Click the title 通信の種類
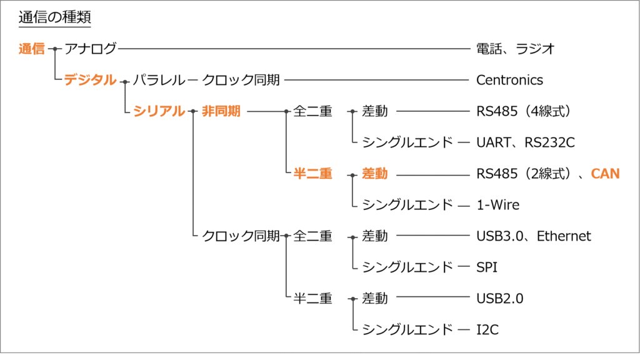(x=55, y=17)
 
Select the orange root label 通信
(x=32, y=49)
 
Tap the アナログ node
(x=91, y=49)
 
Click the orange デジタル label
(x=90, y=80)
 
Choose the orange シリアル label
(x=159, y=111)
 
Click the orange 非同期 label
(x=221, y=111)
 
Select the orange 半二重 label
(x=312, y=174)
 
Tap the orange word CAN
(x=605, y=174)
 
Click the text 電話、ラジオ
(x=516, y=49)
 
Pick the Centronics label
(x=509, y=80)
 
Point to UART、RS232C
(x=525, y=142)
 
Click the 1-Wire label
(x=497, y=205)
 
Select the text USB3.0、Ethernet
(x=533, y=236)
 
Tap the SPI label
(x=487, y=267)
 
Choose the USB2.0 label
(x=499, y=299)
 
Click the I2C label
(x=487, y=330)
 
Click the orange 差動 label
(x=374, y=174)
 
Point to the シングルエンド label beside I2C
(x=407, y=330)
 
